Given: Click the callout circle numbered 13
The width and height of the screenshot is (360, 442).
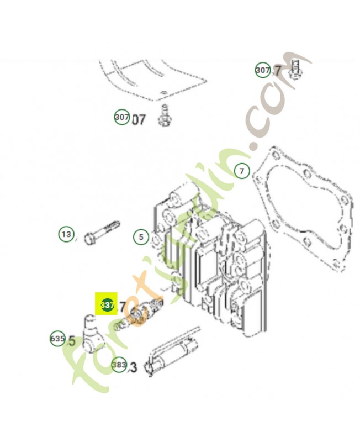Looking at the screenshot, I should coord(66,235).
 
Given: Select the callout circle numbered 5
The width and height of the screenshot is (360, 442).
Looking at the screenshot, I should coord(141,237).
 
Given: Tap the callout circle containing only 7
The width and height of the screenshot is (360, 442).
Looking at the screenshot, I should coord(241,171).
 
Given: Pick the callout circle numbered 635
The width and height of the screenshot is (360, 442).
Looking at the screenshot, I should coord(58,339).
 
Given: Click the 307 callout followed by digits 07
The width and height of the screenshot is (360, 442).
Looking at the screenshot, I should coord(122,118).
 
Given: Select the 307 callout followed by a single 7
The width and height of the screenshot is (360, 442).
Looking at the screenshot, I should coord(263,70).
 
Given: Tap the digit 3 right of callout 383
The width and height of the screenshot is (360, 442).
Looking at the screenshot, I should coord(133,367).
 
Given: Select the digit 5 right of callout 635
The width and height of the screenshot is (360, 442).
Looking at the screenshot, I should coord(71,341).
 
